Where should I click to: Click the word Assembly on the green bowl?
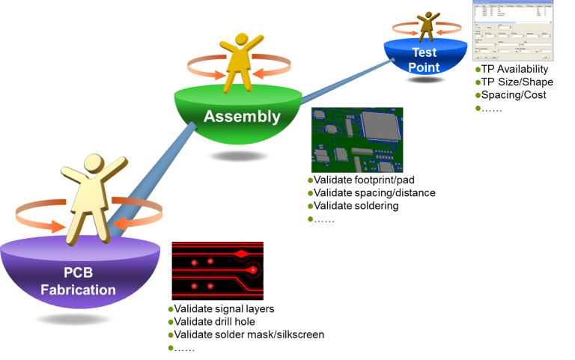[x=242, y=117]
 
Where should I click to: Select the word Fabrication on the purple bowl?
[x=79, y=290]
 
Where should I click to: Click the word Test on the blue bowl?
[x=424, y=52]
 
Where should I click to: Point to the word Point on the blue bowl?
[x=424, y=67]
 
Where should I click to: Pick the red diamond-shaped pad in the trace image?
[x=241, y=254]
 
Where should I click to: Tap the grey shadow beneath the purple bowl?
[x=74, y=319]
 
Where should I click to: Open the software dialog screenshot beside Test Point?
[x=513, y=30]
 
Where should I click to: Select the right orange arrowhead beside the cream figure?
[x=118, y=224]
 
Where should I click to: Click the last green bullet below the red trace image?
[x=171, y=348]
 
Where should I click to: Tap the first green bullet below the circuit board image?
[x=311, y=180]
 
